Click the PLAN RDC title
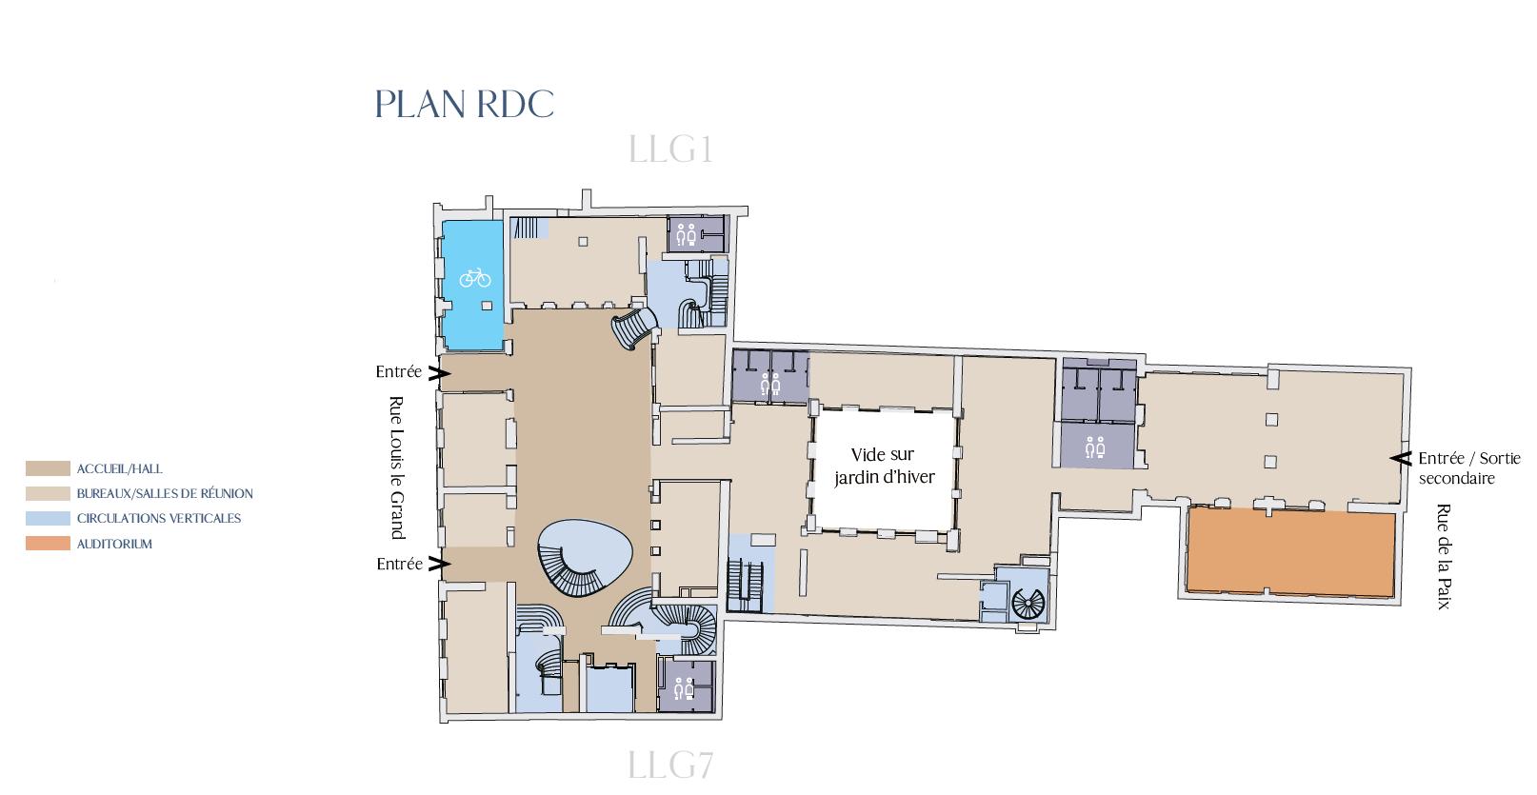click(465, 105)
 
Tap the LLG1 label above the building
click(670, 149)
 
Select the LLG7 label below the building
click(670, 765)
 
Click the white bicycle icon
click(475, 278)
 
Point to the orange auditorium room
click(1290, 553)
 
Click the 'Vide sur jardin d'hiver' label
click(884, 466)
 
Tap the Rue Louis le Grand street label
click(396, 467)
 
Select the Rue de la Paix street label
click(1444, 556)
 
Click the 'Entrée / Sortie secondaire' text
click(1469, 467)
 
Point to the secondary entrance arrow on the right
click(1401, 458)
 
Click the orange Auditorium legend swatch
click(48, 544)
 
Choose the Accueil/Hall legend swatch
click(48, 468)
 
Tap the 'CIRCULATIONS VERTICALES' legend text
click(158, 519)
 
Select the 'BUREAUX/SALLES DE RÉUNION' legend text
click(165, 494)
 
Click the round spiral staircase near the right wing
click(1028, 605)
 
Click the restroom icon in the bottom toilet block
click(684, 687)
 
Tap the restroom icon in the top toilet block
click(687, 234)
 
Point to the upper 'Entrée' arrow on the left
click(439, 373)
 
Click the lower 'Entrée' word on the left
click(399, 564)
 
